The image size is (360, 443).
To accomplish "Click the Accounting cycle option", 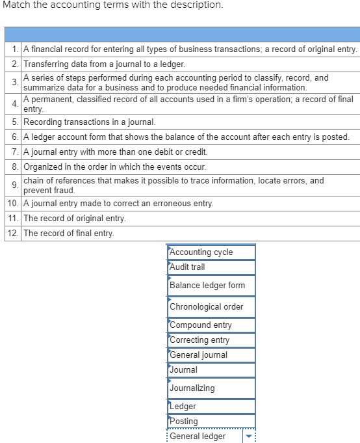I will pyautogui.click(x=211, y=252).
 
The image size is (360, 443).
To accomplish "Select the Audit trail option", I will pyautogui.click(x=211, y=267).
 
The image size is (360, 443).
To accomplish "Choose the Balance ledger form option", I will pyautogui.click(x=211, y=286).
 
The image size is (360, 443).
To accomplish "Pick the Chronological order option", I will pyautogui.click(x=211, y=306).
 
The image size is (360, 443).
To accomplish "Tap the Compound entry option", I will pyautogui.click(x=211, y=325).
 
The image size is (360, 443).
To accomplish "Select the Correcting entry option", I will pyautogui.click(x=211, y=340).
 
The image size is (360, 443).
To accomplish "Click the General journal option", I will pyautogui.click(x=211, y=355).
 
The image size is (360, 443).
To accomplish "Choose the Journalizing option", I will pyautogui.click(x=211, y=388).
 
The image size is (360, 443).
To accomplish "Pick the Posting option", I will pyautogui.click(x=211, y=422).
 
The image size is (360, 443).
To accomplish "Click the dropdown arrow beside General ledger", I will pyautogui.click(x=250, y=436).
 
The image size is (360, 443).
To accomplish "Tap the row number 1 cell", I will pyautogui.click(x=14, y=49).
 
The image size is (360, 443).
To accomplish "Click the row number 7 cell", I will pyautogui.click(x=14, y=152).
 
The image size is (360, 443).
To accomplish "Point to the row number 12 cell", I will pyautogui.click(x=13, y=233).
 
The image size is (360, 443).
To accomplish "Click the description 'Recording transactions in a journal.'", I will pyautogui.click(x=89, y=122).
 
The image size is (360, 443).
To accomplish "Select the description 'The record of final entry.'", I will pyautogui.click(x=68, y=233).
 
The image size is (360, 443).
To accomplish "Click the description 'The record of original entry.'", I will pyautogui.click(x=74, y=218).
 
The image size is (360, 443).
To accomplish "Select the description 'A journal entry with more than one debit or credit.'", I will pyautogui.click(x=115, y=152).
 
